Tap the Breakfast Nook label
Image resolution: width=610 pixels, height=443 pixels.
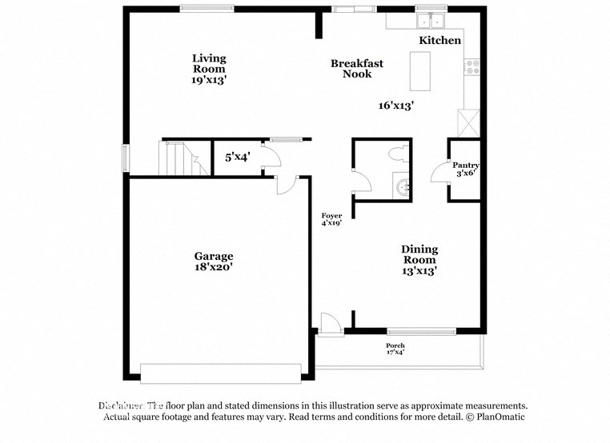357,69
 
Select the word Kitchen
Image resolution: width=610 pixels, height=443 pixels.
440,40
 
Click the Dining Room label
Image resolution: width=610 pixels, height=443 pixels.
419,260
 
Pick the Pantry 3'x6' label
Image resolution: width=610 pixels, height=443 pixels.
465,169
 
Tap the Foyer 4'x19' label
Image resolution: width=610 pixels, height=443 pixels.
331,220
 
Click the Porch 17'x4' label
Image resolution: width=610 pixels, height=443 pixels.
395,349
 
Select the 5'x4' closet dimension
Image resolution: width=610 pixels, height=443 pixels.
237,158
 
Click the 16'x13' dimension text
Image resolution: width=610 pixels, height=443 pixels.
396,106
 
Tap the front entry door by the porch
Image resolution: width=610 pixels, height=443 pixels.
329,324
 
